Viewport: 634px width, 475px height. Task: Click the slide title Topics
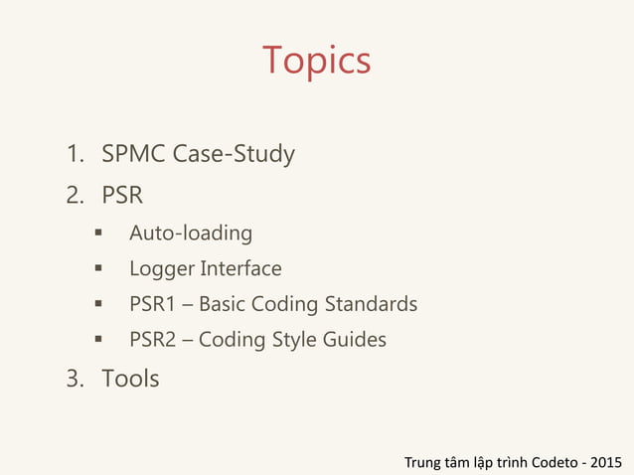[316, 62]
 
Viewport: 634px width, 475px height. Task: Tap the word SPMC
[133, 155]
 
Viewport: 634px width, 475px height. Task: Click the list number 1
[74, 155]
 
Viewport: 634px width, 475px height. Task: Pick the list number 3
[75, 379]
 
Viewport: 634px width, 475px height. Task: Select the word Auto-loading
[191, 235]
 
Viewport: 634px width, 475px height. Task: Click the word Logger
[162, 269]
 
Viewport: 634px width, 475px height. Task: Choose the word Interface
[240, 269]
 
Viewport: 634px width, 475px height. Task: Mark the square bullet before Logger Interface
[99, 269]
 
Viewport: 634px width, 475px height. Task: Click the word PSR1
[152, 304]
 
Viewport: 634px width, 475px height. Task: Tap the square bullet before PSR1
[99, 304]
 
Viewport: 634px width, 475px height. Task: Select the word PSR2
[152, 340]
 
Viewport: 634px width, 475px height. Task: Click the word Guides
[355, 340]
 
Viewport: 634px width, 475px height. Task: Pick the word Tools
[130, 379]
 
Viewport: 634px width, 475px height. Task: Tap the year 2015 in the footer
[606, 462]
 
